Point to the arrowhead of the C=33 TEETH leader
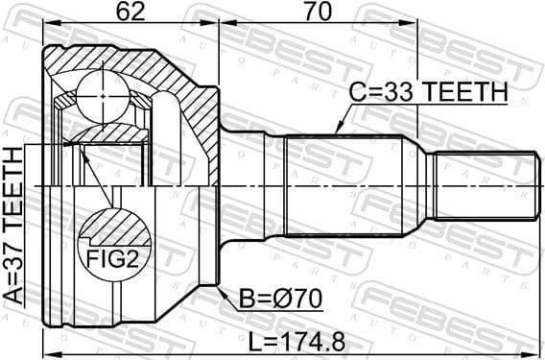(337, 132)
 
